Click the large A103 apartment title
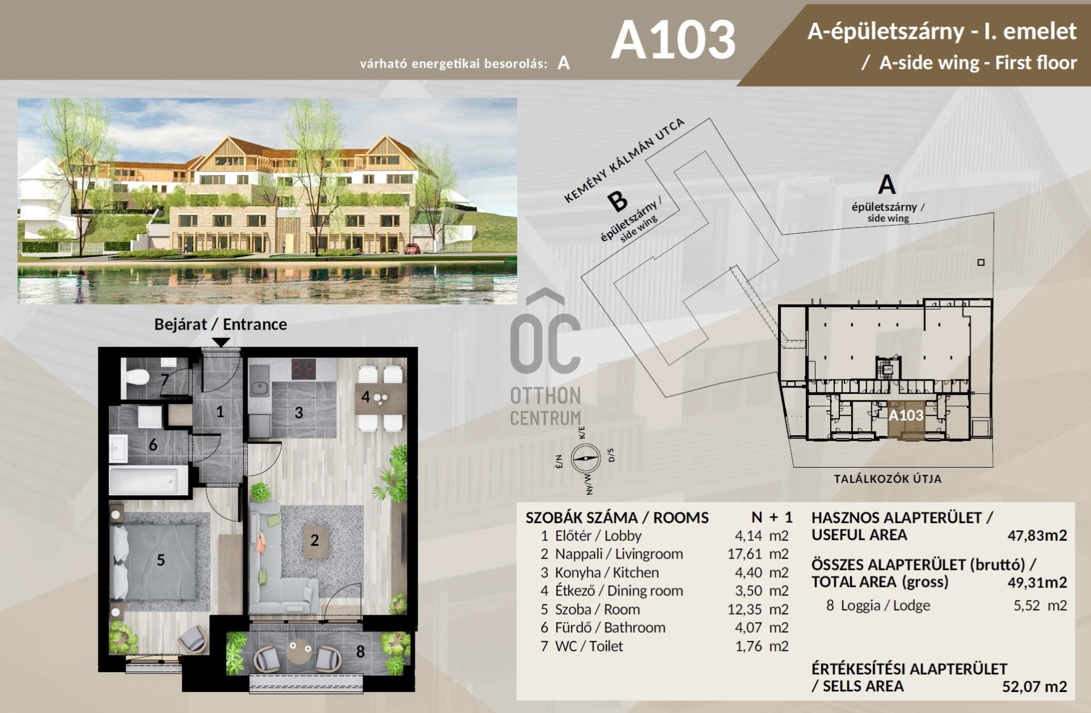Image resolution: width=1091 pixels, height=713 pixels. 673,40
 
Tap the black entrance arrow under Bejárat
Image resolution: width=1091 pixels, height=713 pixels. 220,342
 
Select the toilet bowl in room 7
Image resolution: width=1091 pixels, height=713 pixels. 136,377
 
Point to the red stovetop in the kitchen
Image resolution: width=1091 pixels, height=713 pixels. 303,369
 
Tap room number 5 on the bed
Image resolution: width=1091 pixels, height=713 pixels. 161,560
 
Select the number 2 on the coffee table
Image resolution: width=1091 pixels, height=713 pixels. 314,540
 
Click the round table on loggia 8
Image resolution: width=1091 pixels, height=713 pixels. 298,651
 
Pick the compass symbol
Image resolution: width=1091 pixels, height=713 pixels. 586,458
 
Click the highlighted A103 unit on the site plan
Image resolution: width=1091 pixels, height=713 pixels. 906,420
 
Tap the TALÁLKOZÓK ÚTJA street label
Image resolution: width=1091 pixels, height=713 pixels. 888,479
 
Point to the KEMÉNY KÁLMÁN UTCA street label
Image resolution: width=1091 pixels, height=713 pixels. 624,161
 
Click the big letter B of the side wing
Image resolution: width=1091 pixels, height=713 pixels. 617,201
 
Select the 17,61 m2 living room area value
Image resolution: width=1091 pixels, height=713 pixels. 758,554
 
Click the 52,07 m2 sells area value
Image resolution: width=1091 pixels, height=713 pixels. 1034,687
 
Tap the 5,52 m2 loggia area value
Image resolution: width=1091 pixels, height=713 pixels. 1040,606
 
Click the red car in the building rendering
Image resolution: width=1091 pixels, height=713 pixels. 413,248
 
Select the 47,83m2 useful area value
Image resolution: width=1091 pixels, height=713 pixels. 1037,535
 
